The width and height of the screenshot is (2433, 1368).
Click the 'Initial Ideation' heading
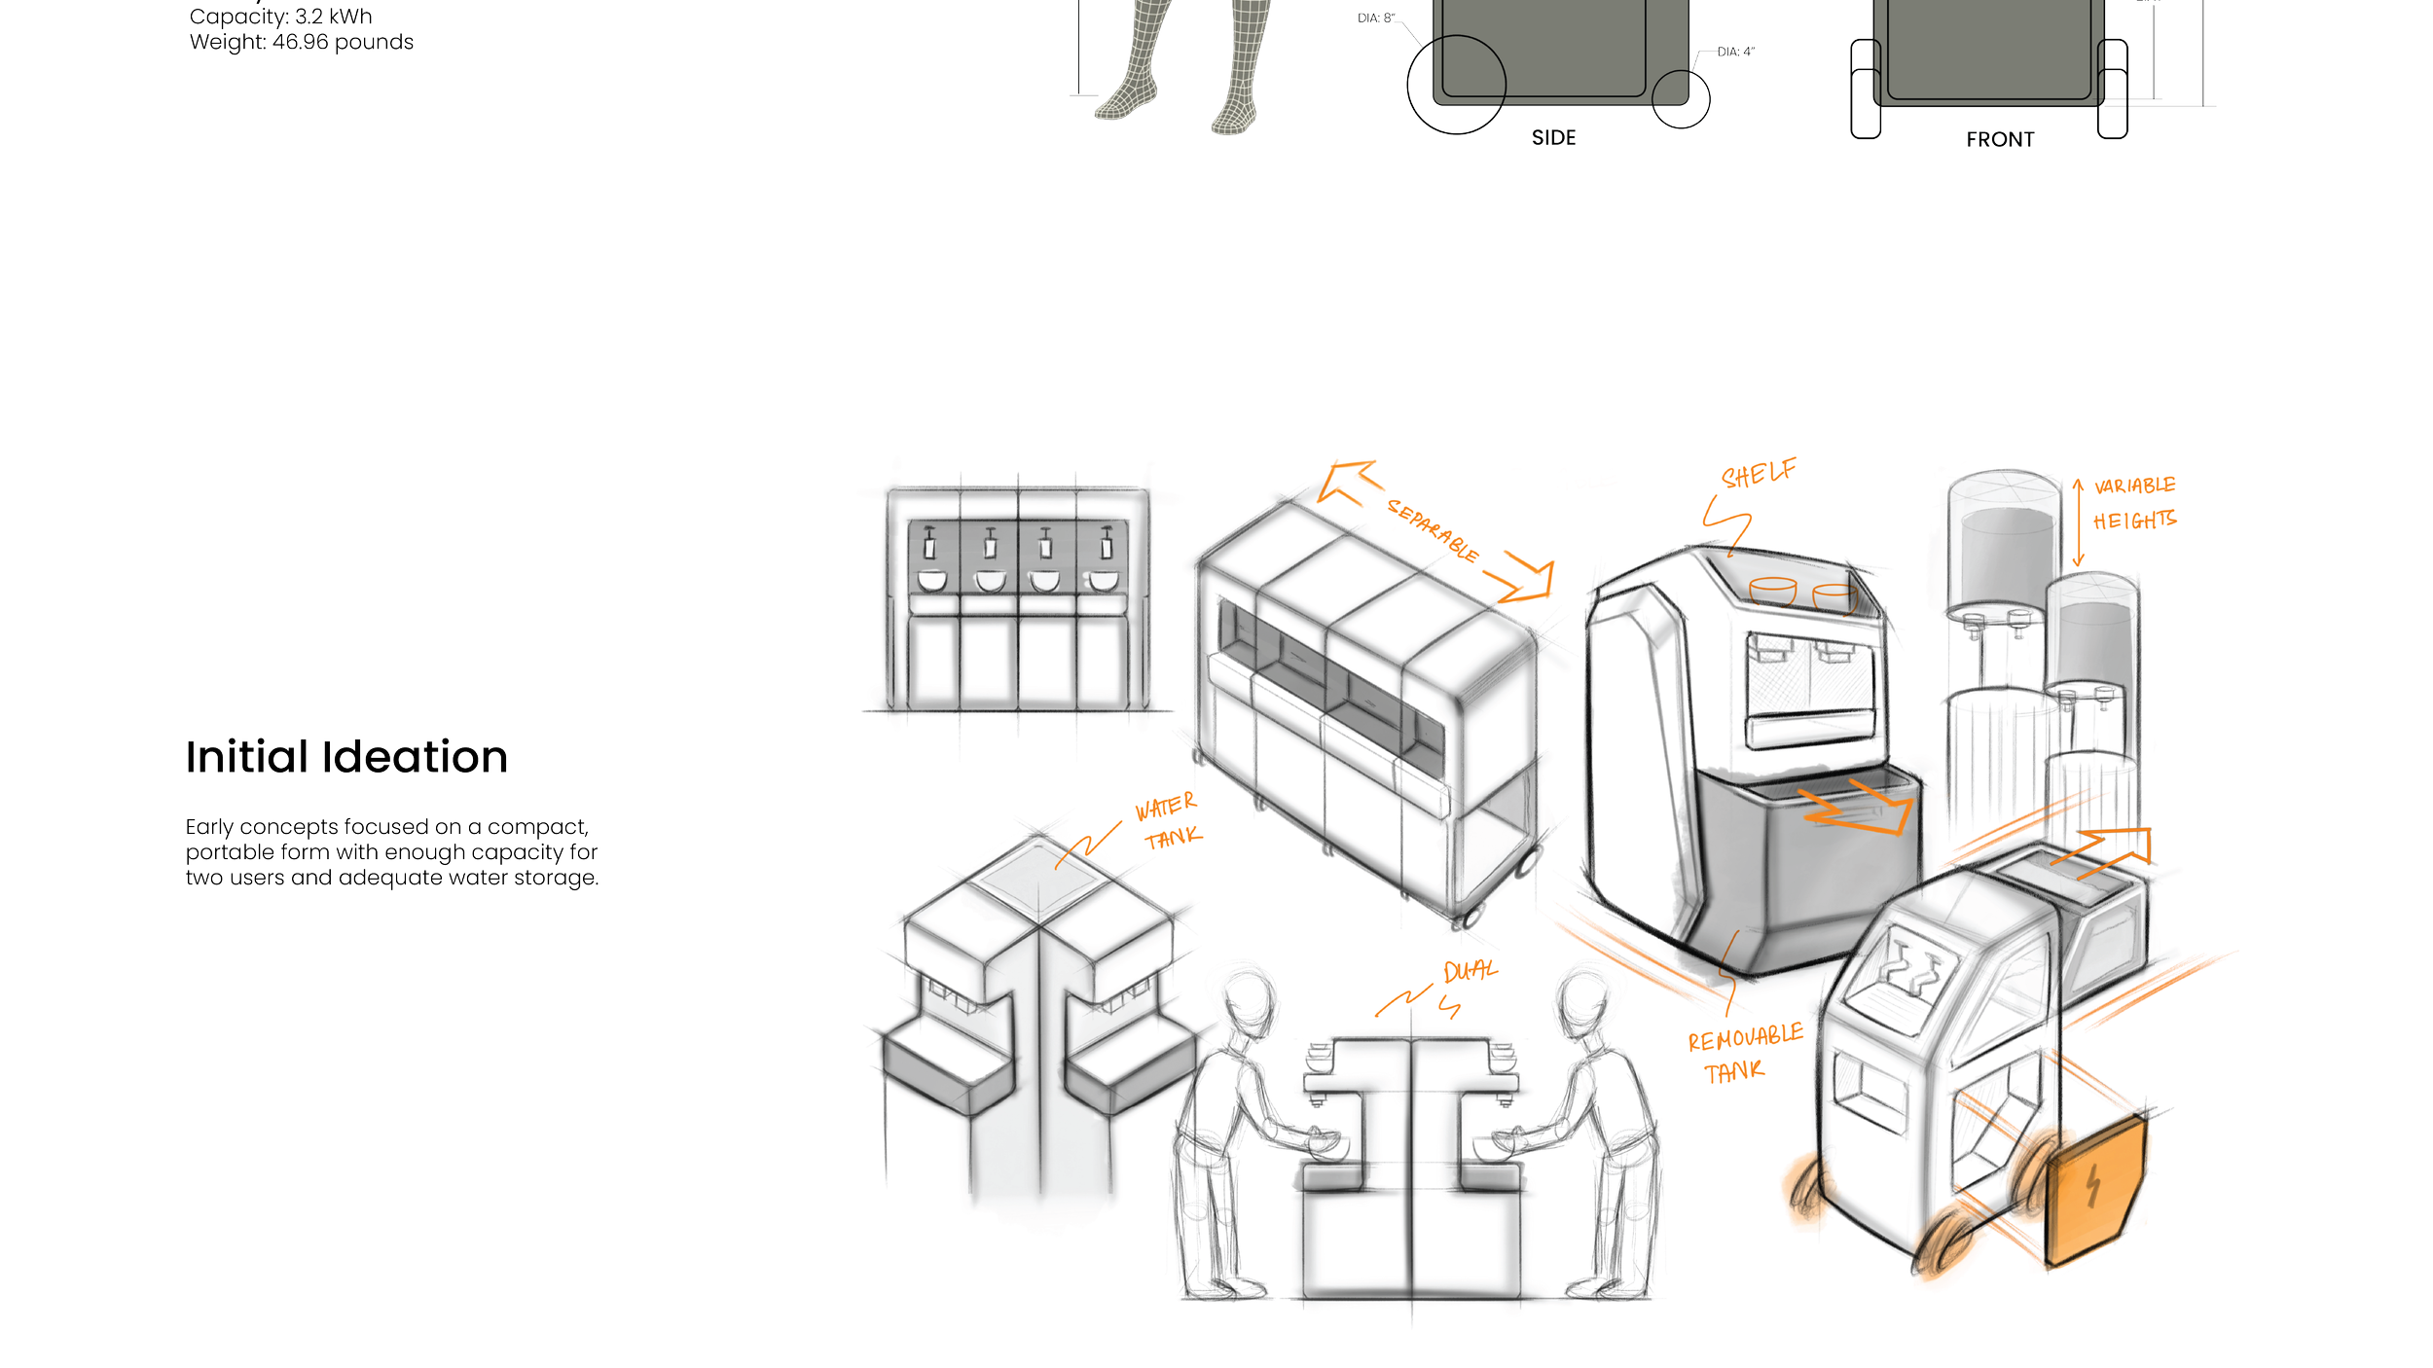click(x=346, y=758)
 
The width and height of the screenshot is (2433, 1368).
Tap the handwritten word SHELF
click(x=1759, y=475)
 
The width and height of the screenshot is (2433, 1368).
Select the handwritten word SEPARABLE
click(x=1433, y=531)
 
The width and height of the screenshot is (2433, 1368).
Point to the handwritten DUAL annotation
click(x=1470, y=971)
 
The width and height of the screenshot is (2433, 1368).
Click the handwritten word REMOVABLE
click(x=1745, y=1038)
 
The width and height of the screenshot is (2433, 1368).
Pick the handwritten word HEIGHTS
click(x=2134, y=521)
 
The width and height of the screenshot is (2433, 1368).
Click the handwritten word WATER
click(x=1165, y=808)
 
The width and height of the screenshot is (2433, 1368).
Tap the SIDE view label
click(x=1553, y=138)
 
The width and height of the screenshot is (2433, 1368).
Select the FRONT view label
click(x=2000, y=140)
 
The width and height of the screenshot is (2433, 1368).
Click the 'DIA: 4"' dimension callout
click(x=1735, y=52)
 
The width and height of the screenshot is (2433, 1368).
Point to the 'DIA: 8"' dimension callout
click(x=1376, y=18)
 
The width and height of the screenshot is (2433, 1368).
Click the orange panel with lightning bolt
click(x=2094, y=1189)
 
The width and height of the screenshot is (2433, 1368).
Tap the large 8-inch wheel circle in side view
click(x=1456, y=85)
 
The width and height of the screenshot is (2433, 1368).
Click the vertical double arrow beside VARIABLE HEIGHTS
click(x=2078, y=522)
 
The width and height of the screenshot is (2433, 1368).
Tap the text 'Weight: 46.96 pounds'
click(x=302, y=43)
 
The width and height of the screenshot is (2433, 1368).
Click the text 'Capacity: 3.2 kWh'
click(x=280, y=17)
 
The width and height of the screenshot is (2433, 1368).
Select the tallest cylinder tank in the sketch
click(x=2003, y=545)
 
